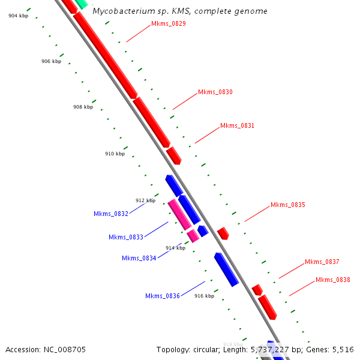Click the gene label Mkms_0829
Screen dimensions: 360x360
pyautogui.click(x=169, y=24)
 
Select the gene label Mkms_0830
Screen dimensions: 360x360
pyautogui.click(x=215, y=92)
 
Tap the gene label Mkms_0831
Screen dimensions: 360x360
pyautogui.click(x=238, y=126)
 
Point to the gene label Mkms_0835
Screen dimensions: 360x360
pyautogui.click(x=288, y=205)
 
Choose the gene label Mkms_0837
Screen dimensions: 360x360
pyautogui.click(x=322, y=262)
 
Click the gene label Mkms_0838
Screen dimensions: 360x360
pyautogui.click(x=333, y=280)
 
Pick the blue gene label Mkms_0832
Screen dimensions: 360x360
pyautogui.click(x=111, y=214)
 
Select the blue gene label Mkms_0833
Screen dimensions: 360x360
pyautogui.click(x=126, y=237)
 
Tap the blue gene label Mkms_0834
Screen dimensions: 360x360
pyautogui.click(x=139, y=259)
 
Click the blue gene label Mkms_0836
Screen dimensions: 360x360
pyautogui.click(x=163, y=296)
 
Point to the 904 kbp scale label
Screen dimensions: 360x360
pyautogui.click(x=18, y=16)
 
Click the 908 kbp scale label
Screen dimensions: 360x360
pyautogui.click(x=83, y=107)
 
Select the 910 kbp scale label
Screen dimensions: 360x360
pyautogui.click(x=115, y=154)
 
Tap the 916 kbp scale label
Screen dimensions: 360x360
pyautogui.click(x=204, y=296)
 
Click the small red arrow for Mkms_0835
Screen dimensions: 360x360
pyautogui.click(x=223, y=233)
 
